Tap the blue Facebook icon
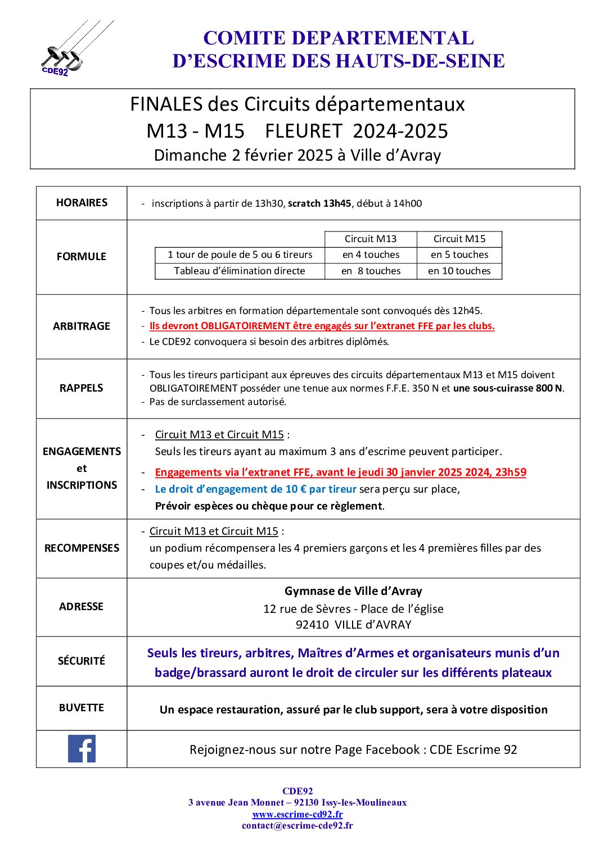pyautogui.click(x=82, y=748)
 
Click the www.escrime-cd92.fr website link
pyautogui.click(x=297, y=814)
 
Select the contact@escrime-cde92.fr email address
pyautogui.click(x=297, y=825)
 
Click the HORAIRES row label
pyautogui.click(x=82, y=203)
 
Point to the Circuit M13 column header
pyautogui.click(x=371, y=239)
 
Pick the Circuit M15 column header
pyautogui.click(x=459, y=239)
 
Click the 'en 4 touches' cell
pyautogui.click(x=371, y=254)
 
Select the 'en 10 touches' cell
pyautogui.click(x=459, y=271)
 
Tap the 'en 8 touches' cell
pyautogui.click(x=371, y=271)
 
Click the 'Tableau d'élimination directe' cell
pyautogui.click(x=240, y=271)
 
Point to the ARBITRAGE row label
pyautogui.click(x=82, y=326)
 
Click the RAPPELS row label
pyautogui.click(x=82, y=388)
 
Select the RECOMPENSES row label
pyautogui.click(x=82, y=548)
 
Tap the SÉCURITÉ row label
pyautogui.click(x=82, y=661)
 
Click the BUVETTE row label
pyautogui.click(x=82, y=708)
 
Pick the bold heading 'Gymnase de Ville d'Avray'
pyautogui.click(x=353, y=591)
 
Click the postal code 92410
pyautogui.click(x=312, y=625)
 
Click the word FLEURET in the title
pyautogui.click(x=303, y=131)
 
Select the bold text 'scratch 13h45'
pyautogui.click(x=319, y=203)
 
